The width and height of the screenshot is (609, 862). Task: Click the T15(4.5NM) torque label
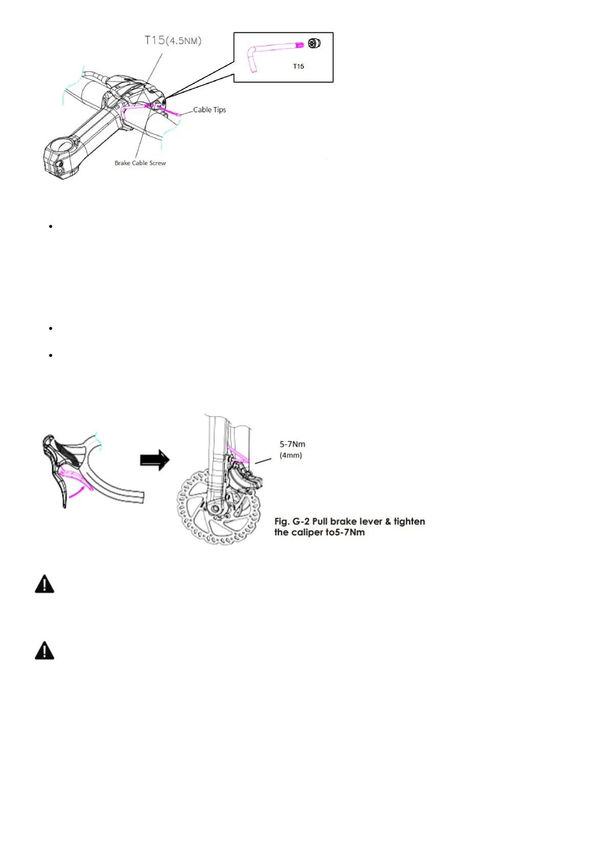tap(173, 40)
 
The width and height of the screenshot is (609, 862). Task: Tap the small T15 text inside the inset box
tap(298, 66)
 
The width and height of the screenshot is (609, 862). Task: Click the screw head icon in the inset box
tap(314, 44)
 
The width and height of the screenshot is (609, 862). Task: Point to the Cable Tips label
tap(209, 110)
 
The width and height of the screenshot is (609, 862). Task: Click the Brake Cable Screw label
tap(140, 163)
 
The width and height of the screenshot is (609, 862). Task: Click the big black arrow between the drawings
tap(155, 460)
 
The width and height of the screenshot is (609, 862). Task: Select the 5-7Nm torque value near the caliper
tap(292, 444)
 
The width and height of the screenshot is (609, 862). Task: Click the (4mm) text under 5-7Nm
tap(291, 455)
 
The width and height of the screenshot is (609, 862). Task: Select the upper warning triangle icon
tap(45, 584)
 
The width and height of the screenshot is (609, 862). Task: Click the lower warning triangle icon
tap(45, 650)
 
